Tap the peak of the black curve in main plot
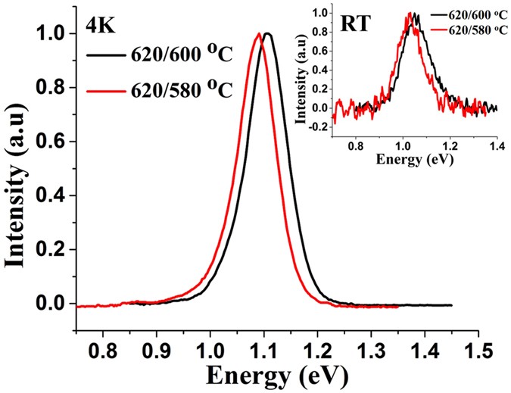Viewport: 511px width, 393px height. click(267, 33)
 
